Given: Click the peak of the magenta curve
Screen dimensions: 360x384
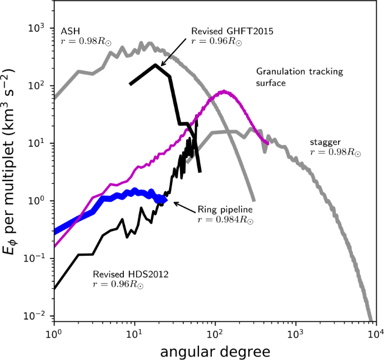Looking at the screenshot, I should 224,91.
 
